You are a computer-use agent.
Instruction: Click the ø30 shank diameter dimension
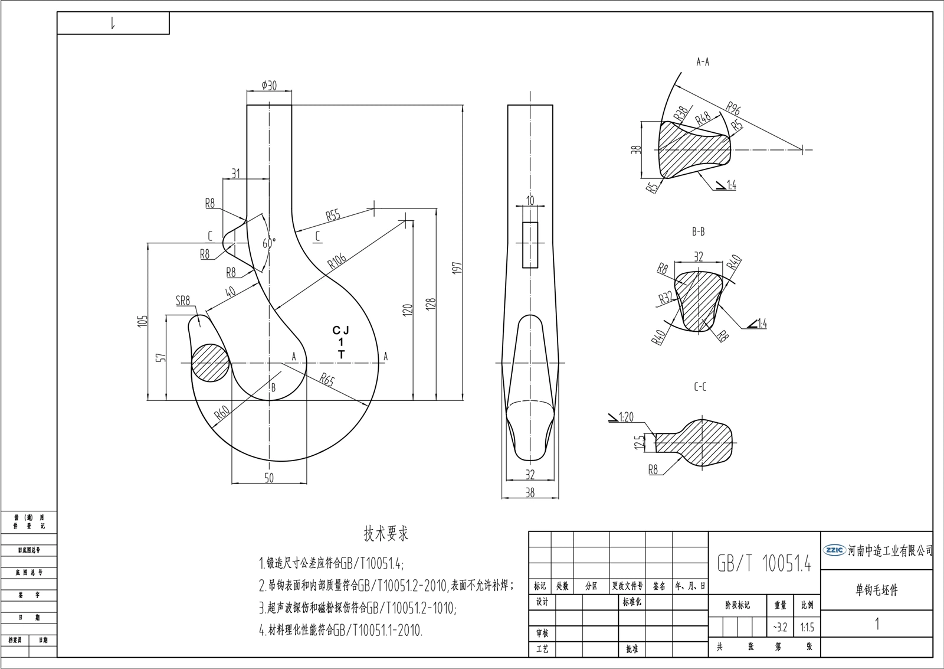(269, 86)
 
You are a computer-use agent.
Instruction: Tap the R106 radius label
(337, 260)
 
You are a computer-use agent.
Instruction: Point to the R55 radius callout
(333, 215)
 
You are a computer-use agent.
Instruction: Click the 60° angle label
(269, 243)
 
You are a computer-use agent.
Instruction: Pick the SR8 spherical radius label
(183, 301)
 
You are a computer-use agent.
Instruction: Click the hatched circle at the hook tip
(211, 363)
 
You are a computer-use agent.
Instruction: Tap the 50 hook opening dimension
(269, 478)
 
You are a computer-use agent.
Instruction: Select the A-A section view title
(702, 61)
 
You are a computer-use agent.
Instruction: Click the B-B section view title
(698, 231)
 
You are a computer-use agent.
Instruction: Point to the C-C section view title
(700, 387)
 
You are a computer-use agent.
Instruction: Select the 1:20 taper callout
(625, 417)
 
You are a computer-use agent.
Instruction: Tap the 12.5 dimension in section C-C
(638, 442)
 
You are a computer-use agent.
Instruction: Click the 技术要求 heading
(386, 534)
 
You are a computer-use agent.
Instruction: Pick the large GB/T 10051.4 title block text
(763, 563)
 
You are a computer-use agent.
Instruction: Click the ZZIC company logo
(834, 550)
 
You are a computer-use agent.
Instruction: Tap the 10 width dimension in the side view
(530, 201)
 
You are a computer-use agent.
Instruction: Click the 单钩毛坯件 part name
(877, 590)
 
